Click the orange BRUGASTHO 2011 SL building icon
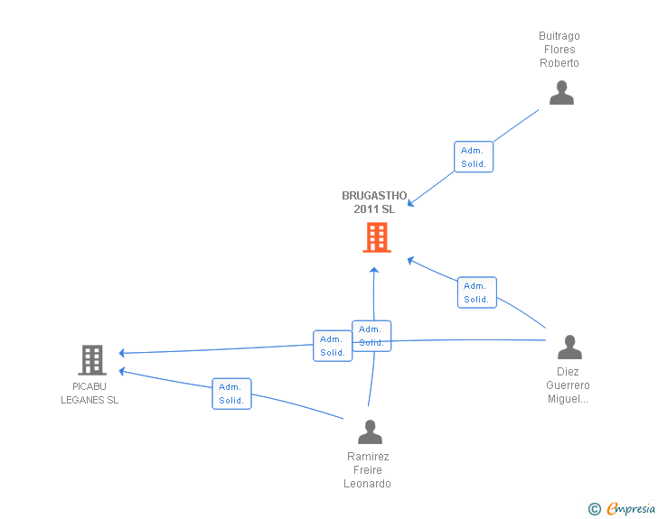pos(377,237)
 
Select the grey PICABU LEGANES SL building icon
pos(92,360)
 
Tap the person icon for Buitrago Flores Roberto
pos(561,93)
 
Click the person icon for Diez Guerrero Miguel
pos(569,348)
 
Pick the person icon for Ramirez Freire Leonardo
pos(370,431)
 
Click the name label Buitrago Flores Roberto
pos(559,50)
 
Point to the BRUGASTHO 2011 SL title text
pos(374,202)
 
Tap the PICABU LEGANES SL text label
pos(89,394)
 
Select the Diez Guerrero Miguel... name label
pos(568,385)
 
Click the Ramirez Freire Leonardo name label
pos(367,470)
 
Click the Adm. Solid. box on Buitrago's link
pos(474,157)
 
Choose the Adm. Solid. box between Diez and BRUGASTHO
pos(476,292)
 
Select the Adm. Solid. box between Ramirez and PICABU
pos(231,394)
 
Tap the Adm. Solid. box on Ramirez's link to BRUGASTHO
pos(371,336)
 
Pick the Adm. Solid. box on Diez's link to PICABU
pos(333,346)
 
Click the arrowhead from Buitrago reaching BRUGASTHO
pos(411,203)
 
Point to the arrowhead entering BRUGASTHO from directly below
pos(374,271)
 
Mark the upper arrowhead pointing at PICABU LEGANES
pos(122,353)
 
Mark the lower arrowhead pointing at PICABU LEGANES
pos(122,371)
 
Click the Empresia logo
pos(622,508)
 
